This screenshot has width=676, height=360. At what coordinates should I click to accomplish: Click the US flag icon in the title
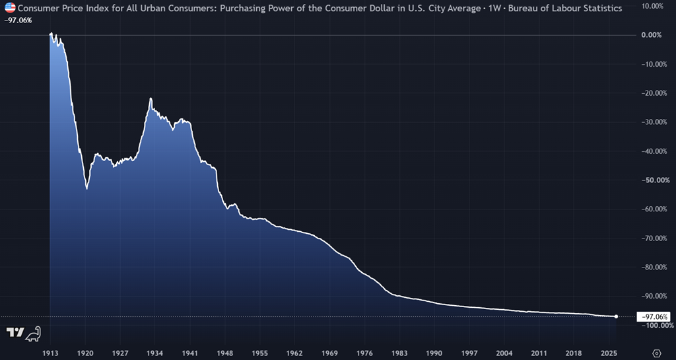coord(10,8)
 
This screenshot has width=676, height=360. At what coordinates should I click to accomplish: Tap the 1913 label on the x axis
coord(50,353)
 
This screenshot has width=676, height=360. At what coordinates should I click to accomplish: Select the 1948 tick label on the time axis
coord(224,353)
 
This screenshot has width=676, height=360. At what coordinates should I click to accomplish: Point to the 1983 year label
coord(399,353)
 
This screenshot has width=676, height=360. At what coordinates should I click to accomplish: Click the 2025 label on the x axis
coord(609,353)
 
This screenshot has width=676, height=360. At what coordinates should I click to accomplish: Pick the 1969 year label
coord(329,353)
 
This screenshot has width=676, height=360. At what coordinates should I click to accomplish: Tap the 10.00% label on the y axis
coord(653,6)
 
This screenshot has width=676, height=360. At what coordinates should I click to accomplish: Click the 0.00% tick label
coord(652,35)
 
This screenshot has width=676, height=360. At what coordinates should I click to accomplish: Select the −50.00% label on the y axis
coord(654,180)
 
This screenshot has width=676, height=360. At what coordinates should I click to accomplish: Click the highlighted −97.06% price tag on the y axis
coord(654,316)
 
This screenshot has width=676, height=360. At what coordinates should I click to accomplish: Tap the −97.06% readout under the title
coord(18,20)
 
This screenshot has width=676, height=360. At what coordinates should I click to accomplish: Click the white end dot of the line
coord(616,316)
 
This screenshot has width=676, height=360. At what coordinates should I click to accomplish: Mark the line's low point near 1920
coord(86,188)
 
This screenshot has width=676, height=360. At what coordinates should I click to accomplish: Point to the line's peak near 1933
coord(151,98)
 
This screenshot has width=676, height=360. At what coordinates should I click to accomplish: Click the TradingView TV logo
coord(15,332)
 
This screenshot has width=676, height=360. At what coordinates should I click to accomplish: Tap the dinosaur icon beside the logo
coord(33,334)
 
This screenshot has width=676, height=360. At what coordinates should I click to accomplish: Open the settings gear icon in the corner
coord(657,353)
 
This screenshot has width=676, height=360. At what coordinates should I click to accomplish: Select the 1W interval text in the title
coord(495,8)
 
